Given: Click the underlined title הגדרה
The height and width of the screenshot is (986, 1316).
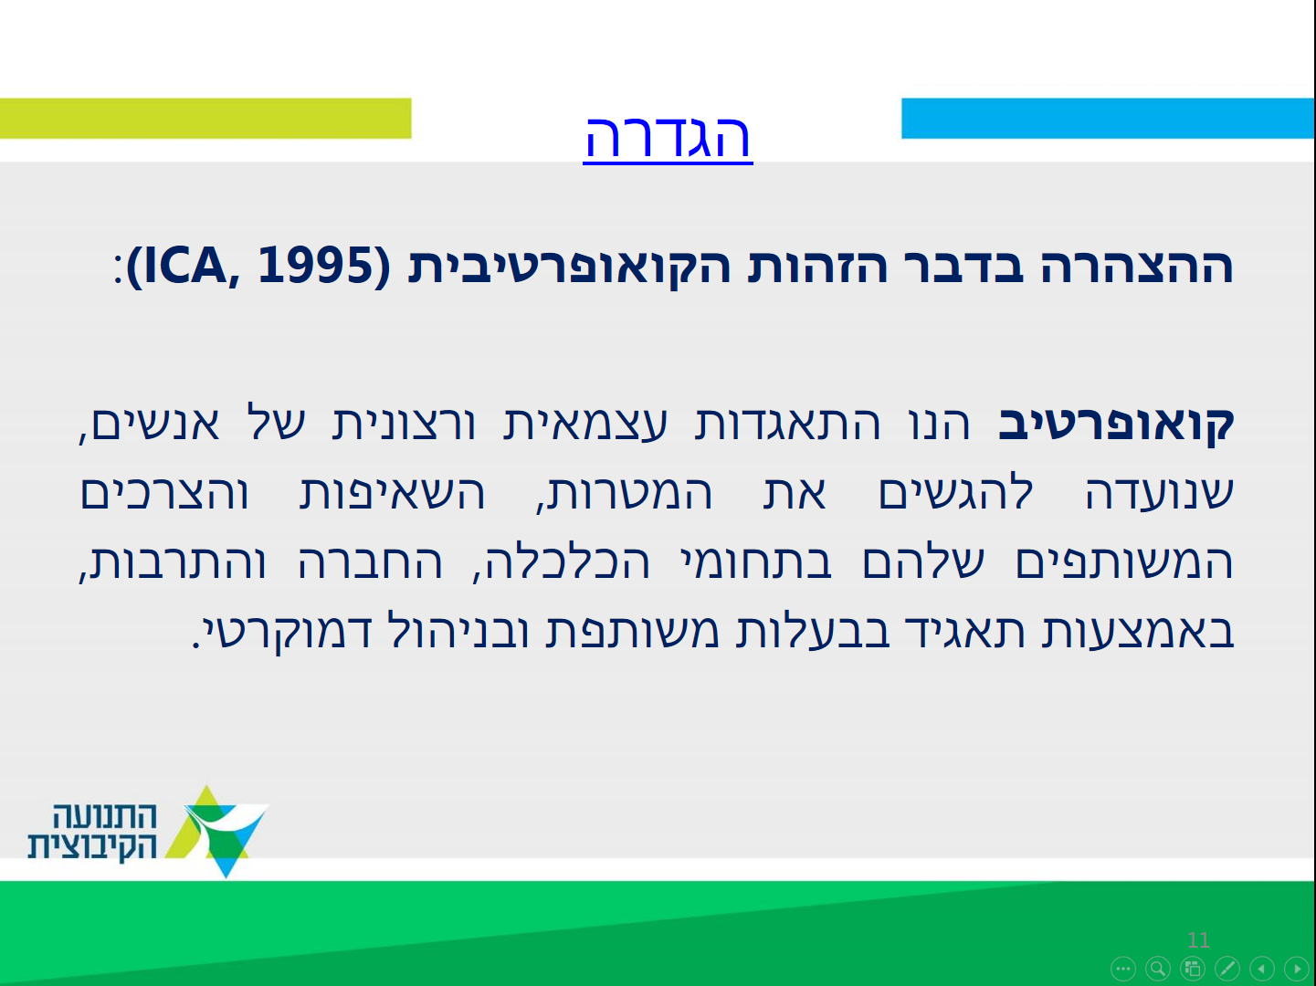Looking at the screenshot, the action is (x=668, y=138).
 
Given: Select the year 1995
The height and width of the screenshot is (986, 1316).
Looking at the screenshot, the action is (x=315, y=265).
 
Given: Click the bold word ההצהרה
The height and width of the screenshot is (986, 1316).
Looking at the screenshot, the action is (x=1137, y=267).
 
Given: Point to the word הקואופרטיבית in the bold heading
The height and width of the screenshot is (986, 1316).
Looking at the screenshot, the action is (x=569, y=267).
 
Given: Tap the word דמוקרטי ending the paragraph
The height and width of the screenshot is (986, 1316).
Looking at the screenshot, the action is (x=281, y=632).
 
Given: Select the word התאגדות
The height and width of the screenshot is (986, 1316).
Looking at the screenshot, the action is (x=787, y=424).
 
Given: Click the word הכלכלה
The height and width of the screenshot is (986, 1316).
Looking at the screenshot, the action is (x=561, y=562).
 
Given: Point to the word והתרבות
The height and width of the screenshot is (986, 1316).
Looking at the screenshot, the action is (x=172, y=562).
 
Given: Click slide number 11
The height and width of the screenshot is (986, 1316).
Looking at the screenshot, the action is (x=1198, y=939).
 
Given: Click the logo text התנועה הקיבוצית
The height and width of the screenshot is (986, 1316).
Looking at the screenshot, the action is (x=92, y=831).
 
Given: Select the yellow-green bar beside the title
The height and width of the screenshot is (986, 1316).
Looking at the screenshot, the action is (x=205, y=119).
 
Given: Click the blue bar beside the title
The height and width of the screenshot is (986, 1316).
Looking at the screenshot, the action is (x=1108, y=119).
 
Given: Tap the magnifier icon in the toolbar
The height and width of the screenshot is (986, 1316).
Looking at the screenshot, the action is (x=1158, y=969).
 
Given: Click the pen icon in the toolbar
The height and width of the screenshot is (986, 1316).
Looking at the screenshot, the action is (x=1227, y=969).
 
